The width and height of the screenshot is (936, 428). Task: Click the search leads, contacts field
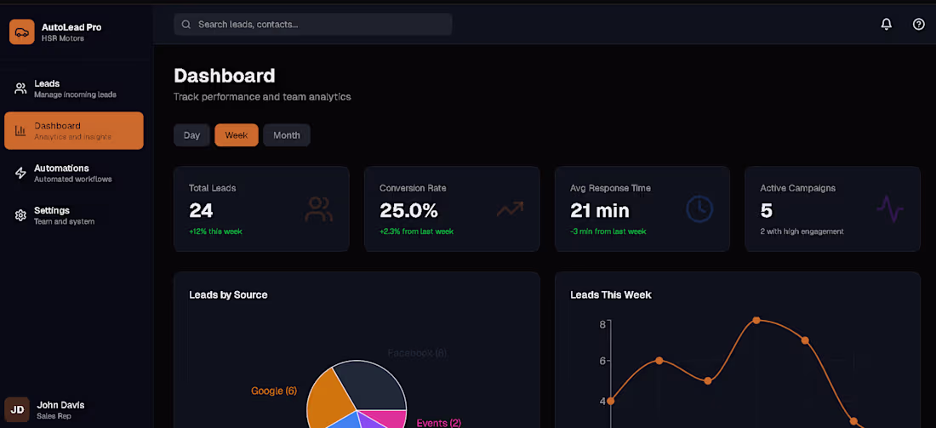coord(312,25)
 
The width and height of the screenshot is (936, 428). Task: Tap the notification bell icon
coord(886,25)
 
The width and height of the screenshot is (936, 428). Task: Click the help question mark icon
coord(918,25)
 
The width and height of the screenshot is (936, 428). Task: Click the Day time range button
coord(191,135)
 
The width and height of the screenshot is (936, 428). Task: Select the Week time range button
coord(236,135)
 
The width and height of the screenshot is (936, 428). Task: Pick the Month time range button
coord(286,135)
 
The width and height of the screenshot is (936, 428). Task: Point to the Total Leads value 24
coord(201,210)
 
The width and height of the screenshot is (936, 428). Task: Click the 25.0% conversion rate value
coord(408,210)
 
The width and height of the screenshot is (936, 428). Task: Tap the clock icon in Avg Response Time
coord(699,209)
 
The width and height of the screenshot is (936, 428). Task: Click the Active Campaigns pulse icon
coord(889,209)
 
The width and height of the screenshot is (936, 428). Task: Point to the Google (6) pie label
coord(273,391)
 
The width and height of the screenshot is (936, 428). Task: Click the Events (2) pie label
coord(438,423)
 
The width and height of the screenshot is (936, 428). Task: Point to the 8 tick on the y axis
coord(602,324)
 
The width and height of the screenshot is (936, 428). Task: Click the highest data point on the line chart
coord(756,321)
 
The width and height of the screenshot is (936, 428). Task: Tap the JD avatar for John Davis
coord(17,409)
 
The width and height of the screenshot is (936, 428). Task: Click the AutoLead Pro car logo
coord(21,31)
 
